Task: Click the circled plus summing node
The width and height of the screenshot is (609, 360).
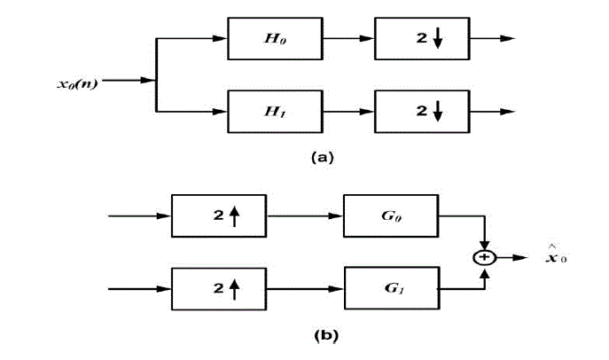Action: (x=484, y=257)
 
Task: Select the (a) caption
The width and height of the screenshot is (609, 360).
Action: (x=322, y=157)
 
